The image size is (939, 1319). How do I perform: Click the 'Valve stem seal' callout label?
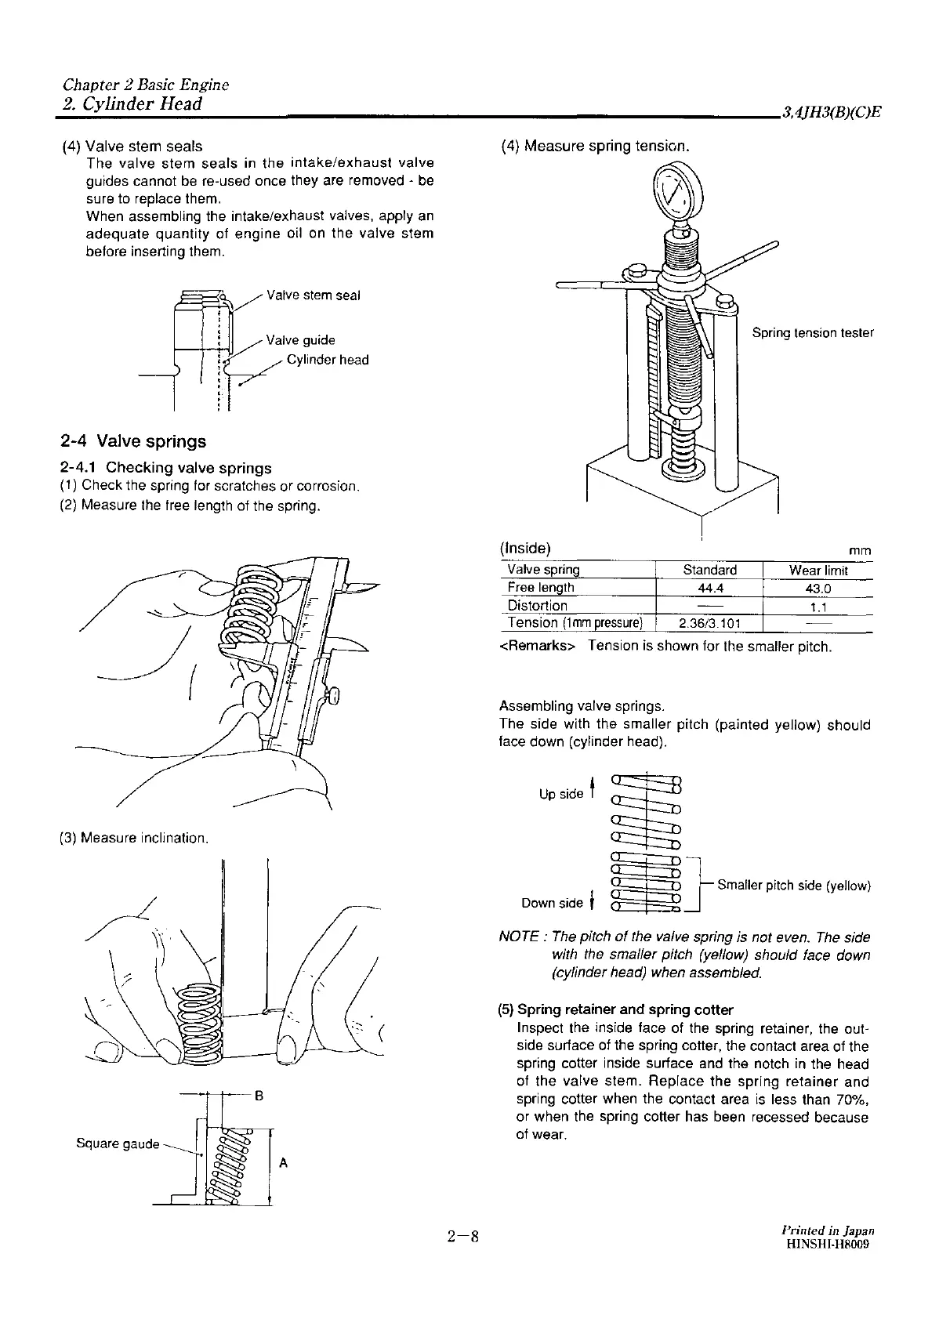(x=314, y=295)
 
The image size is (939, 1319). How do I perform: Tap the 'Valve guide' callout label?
(x=300, y=340)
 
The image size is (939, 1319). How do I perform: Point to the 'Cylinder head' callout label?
(x=327, y=360)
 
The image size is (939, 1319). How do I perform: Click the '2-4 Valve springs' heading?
(x=133, y=441)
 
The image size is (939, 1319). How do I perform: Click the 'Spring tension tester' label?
(x=812, y=332)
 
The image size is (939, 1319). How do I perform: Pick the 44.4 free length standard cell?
(x=709, y=588)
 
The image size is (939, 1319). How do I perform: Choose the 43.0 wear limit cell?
(x=818, y=589)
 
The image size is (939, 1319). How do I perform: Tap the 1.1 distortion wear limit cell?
(x=818, y=607)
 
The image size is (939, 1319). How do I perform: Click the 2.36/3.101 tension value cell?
(x=709, y=624)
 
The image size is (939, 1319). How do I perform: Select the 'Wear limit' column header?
(x=818, y=571)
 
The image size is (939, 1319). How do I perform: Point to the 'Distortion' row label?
(x=538, y=606)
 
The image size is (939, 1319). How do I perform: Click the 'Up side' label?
(x=560, y=794)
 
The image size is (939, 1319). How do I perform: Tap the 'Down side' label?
(x=552, y=903)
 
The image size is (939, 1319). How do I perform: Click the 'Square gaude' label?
(x=118, y=1143)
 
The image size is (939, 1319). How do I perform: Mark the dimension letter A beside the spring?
(x=283, y=1163)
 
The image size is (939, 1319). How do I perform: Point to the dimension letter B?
(x=259, y=1096)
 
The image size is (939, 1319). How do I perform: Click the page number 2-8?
(x=463, y=1237)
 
